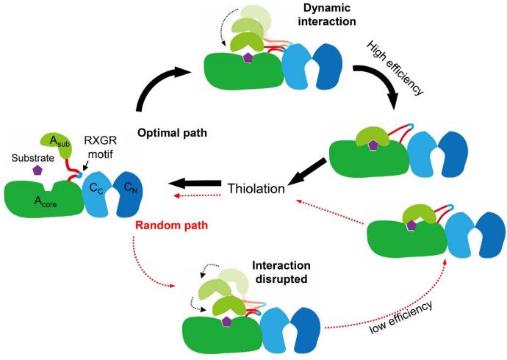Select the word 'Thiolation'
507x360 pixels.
pyautogui.click(x=255, y=188)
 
